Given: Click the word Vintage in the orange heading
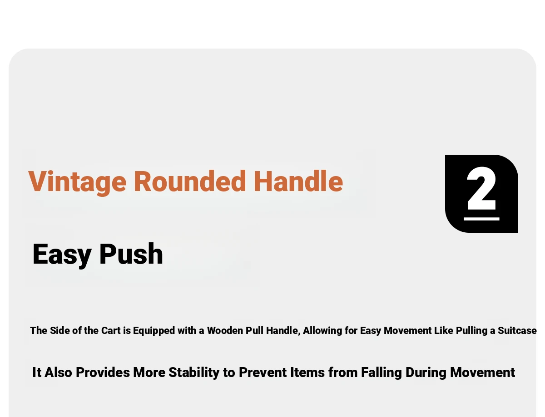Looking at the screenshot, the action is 77,182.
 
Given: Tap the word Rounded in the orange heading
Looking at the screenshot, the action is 190,181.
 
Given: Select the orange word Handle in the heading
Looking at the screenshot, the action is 298,181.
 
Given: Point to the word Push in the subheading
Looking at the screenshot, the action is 131,254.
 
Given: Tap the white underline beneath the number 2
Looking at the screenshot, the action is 481,219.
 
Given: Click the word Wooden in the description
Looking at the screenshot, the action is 225,330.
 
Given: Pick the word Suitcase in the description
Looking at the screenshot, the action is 517,330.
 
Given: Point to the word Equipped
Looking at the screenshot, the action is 154,331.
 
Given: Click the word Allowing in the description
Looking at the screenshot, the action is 322,331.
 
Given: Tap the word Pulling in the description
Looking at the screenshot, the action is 472,331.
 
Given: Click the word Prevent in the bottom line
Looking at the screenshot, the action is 263,373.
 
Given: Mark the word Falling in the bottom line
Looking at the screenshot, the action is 381,373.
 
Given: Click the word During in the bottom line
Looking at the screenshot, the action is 426,373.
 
